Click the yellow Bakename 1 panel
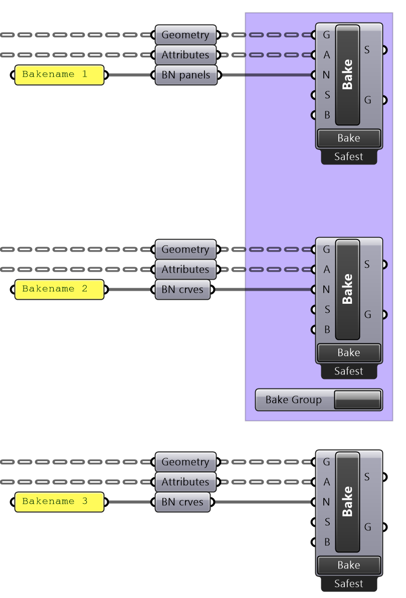coord(59,75)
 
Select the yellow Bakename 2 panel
coord(59,289)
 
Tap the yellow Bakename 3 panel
coord(59,502)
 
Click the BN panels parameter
coord(186,75)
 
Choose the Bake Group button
coord(318,400)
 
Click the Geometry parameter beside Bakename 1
coord(185,35)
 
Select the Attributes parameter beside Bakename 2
coord(185,269)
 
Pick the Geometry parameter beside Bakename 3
coord(185,462)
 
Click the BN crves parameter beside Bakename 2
coord(182,289)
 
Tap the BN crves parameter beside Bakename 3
coord(182,502)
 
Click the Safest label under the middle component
coord(348,371)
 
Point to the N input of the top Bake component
coord(326,75)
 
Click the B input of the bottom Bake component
coord(327,542)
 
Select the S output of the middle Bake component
coord(367,264)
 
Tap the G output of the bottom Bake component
coord(368,527)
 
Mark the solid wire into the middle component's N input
coord(279,289)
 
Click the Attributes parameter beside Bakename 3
coord(185,482)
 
